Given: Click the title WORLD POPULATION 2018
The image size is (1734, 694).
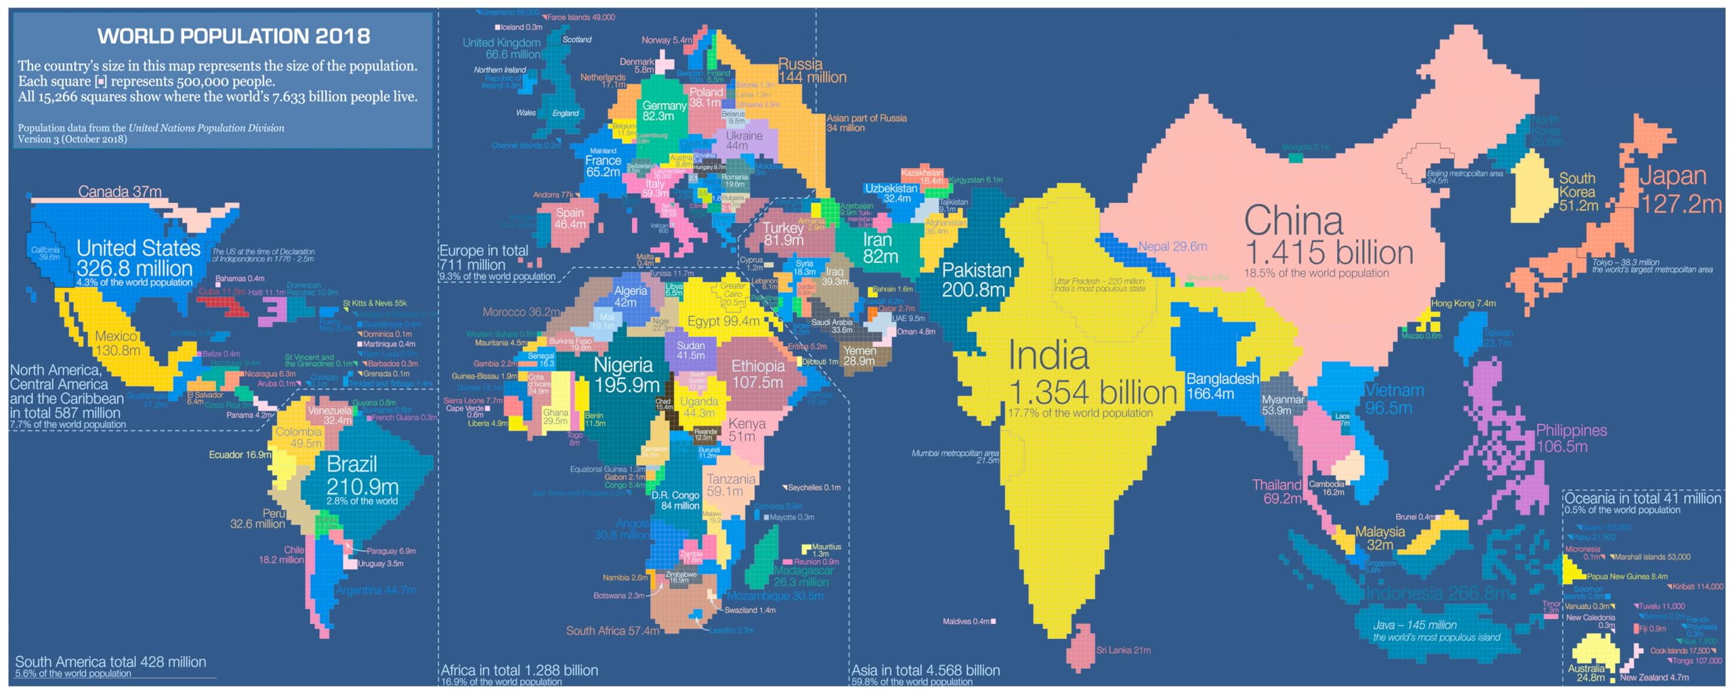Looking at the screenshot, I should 234,36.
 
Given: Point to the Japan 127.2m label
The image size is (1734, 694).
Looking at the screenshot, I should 1679,189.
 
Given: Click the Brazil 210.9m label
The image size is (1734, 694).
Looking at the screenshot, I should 362,475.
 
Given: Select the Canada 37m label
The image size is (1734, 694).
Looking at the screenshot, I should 119,192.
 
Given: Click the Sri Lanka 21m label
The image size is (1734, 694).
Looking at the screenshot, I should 1123,650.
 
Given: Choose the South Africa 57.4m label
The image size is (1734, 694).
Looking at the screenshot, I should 612,630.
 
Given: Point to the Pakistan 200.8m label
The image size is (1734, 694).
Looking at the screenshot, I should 975,279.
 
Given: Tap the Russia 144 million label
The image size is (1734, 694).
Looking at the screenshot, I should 811,70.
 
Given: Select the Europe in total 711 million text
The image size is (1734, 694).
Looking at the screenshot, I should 484,258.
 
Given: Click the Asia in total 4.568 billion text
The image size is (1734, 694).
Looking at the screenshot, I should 925,670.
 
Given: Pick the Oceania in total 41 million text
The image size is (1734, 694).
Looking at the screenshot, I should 1642,498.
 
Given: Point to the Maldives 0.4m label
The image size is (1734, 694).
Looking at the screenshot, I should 966,621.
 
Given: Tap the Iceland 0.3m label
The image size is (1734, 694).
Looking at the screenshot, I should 521,27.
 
